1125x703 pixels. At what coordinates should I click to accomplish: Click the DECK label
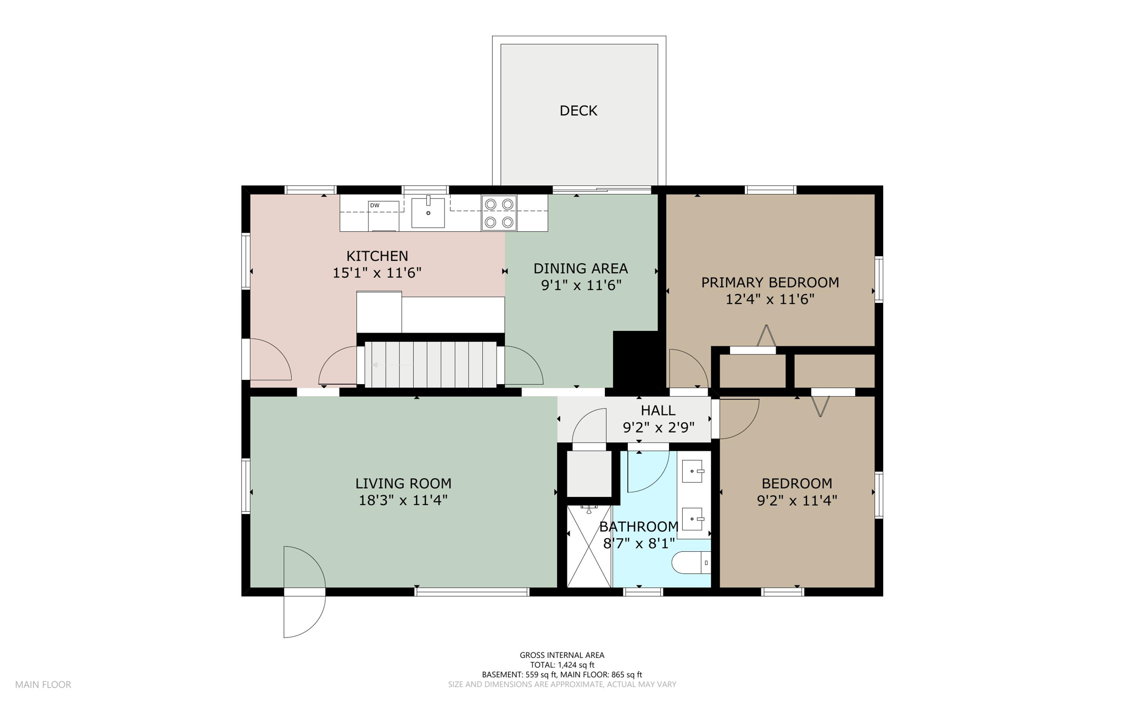pos(578,111)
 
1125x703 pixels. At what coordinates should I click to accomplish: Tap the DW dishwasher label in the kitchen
pos(375,206)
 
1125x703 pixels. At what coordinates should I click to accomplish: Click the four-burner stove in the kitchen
pos(499,213)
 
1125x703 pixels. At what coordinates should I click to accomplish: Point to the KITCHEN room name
pos(377,256)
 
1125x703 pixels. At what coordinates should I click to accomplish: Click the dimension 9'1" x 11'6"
pos(581,285)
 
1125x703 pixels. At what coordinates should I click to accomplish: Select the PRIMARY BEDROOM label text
pos(770,283)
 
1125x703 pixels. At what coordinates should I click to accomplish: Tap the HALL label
pos(658,410)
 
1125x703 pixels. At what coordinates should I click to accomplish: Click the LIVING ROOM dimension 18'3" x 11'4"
pos(403,500)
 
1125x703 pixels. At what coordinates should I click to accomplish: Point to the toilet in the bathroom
pos(692,563)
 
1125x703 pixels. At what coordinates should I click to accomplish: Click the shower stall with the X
pos(589,546)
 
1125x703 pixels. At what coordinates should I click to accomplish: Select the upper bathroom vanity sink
pos(693,471)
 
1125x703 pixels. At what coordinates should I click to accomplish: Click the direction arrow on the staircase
pos(393,364)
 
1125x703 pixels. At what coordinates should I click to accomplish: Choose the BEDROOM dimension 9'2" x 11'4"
pos(797,500)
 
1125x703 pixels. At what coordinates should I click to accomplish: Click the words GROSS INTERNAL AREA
pos(562,655)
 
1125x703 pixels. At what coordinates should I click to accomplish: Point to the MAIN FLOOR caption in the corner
pos(43,684)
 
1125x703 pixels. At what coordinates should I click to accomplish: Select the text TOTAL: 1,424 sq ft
pos(562,665)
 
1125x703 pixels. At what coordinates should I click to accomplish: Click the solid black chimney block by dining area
pos(636,359)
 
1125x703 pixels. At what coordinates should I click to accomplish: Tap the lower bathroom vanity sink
pos(693,519)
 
